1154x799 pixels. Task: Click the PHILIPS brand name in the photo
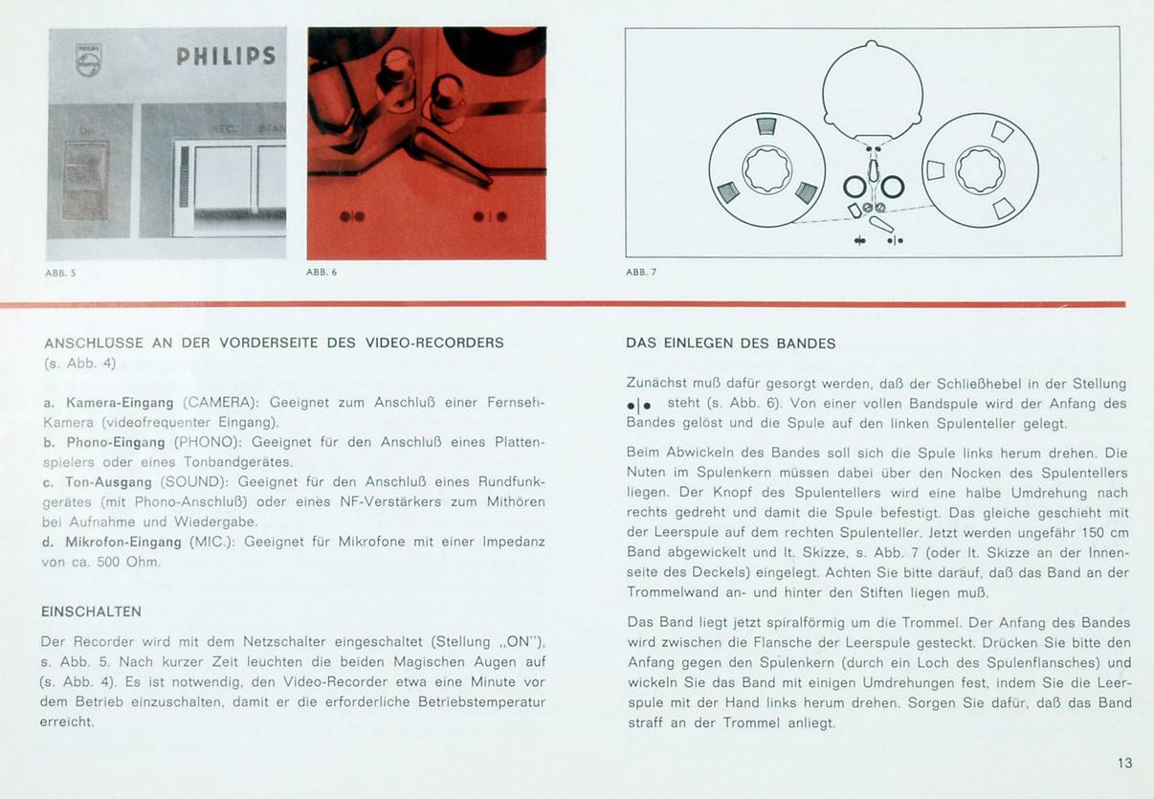click(226, 56)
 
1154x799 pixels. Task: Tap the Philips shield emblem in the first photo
click(88, 59)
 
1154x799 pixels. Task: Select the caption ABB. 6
click(321, 273)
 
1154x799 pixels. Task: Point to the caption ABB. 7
click(641, 273)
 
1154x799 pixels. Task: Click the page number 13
click(1124, 763)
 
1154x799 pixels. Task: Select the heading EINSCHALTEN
click(91, 610)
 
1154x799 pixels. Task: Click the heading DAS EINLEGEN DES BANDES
click(730, 344)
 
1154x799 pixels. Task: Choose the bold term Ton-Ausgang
click(110, 482)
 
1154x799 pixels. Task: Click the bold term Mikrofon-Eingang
click(123, 542)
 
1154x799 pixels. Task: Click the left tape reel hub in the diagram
click(767, 170)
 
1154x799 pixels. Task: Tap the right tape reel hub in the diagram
click(980, 170)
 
